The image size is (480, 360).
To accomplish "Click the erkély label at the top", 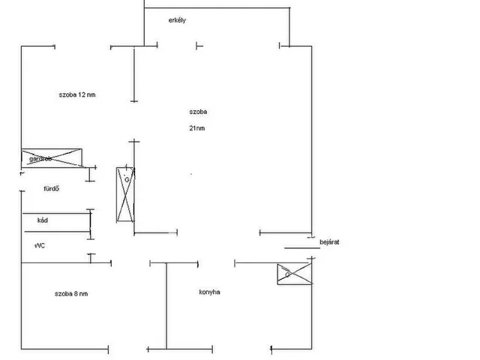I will pos(177,20).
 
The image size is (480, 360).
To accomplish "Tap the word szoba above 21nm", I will pos(199,112).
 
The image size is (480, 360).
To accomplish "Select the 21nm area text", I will pos(197,128).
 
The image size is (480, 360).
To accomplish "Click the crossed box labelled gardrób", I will pos(51,158).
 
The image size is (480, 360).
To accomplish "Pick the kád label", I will pos(42,221).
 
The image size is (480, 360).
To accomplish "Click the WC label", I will pos(40,245).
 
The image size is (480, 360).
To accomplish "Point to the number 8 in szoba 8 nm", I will pos(77,293).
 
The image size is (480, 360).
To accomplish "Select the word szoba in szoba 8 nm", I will pos(63,293).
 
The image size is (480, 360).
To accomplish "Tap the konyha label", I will pos(209,292).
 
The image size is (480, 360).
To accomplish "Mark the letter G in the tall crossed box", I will pos(127,180).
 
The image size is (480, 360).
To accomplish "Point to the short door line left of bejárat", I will pos(301,248).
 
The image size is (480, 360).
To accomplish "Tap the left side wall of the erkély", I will pos(143,22).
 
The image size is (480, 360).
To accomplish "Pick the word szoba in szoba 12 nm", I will pos(67,95).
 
